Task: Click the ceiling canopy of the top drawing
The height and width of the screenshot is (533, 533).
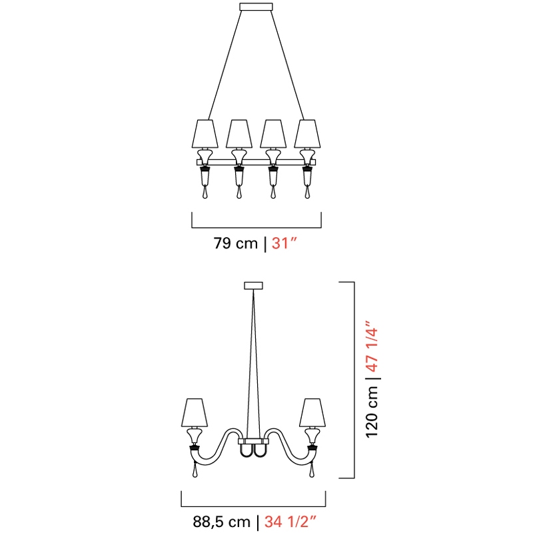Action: point(256,7)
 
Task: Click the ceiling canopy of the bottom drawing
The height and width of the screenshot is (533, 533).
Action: point(253,286)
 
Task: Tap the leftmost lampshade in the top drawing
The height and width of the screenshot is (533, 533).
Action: point(205,134)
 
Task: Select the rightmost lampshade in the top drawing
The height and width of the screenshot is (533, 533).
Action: point(307,134)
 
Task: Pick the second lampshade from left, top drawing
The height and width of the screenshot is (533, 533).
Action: point(239,134)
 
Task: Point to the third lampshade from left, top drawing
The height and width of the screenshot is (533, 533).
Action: point(273,134)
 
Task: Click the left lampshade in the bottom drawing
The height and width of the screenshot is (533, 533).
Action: point(195,412)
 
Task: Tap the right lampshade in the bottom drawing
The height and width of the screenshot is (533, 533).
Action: point(312,412)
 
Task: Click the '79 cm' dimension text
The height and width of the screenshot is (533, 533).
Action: point(236,243)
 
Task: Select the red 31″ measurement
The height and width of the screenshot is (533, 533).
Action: point(284,243)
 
